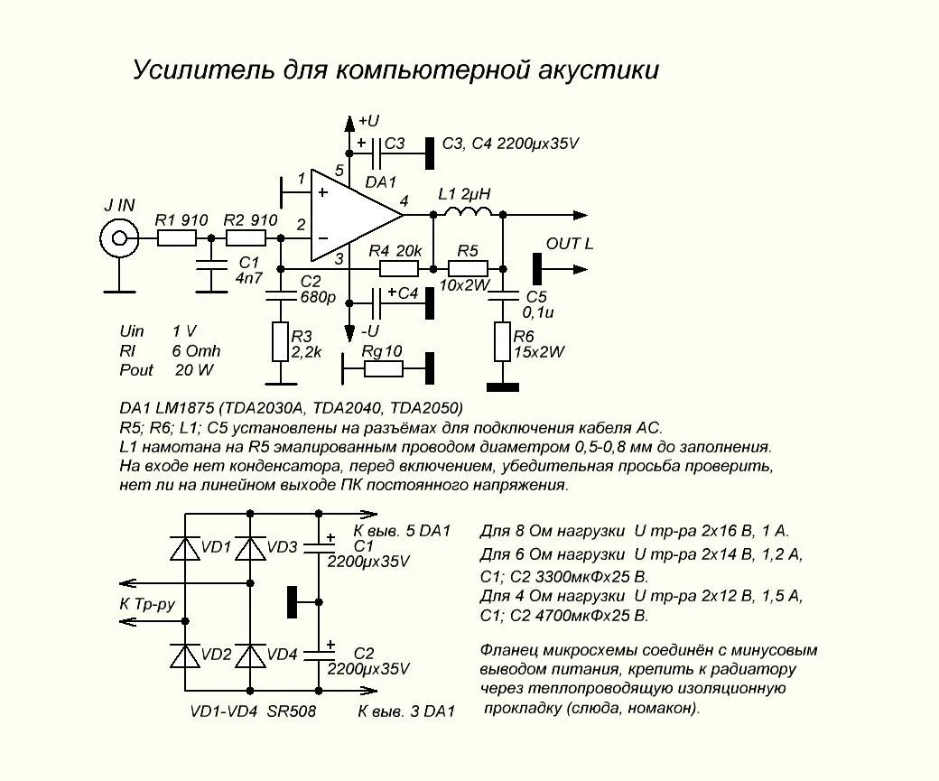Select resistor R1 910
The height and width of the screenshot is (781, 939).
click(x=177, y=238)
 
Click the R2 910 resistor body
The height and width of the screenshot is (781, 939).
click(x=246, y=238)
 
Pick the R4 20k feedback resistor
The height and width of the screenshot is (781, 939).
click(x=398, y=268)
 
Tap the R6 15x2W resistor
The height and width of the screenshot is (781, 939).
click(x=502, y=344)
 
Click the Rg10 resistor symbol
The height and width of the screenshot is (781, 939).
click(x=383, y=368)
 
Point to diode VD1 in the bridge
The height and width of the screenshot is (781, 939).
click(x=185, y=548)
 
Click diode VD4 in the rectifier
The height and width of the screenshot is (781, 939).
click(x=249, y=655)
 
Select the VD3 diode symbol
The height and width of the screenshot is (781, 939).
click(x=249, y=548)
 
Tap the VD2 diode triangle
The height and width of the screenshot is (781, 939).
click(x=185, y=655)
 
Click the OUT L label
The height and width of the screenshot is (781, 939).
click(x=570, y=244)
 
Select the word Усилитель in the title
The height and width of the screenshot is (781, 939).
click(x=187, y=70)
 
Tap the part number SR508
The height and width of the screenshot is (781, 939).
click(x=292, y=711)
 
